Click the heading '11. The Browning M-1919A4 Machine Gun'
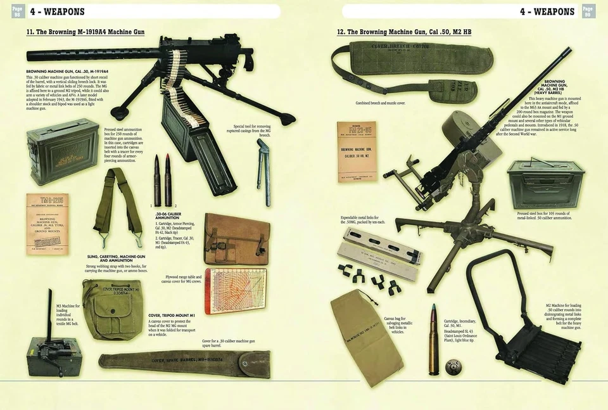coord(85,32)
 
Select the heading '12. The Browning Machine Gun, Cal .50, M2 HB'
coord(403,32)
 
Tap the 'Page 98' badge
coord(17,11)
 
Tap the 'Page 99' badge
coord(588,11)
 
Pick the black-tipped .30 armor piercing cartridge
coord(157,181)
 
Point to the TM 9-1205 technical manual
coord(47,224)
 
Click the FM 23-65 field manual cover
coord(356,151)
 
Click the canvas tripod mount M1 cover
coord(113,308)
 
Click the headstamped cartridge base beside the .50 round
coord(453,366)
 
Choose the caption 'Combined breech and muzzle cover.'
coord(380,103)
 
